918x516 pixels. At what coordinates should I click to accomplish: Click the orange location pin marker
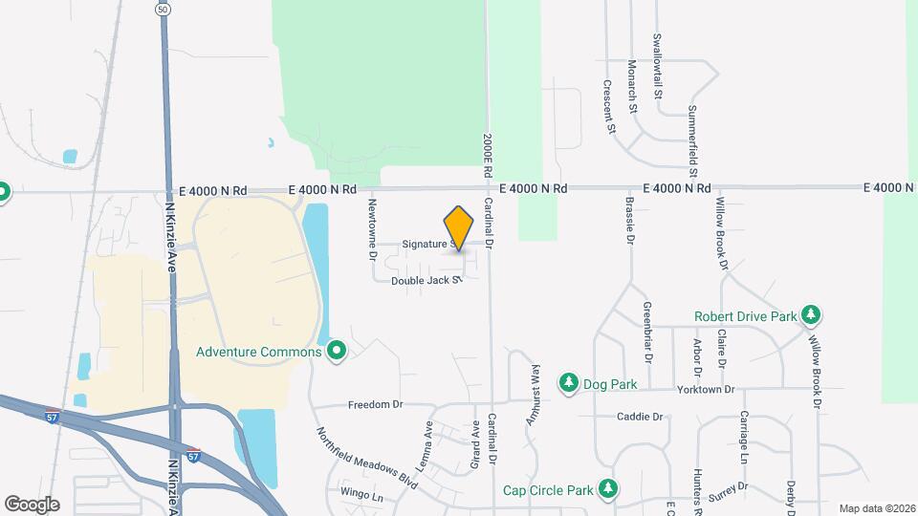point(459,227)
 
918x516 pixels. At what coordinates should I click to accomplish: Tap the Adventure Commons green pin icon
point(336,352)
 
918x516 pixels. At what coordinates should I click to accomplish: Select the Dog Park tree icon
point(568,383)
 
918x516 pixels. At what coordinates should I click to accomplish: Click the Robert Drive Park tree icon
point(811,314)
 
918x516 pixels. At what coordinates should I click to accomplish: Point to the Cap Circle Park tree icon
point(607,490)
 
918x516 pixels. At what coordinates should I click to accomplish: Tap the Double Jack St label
point(426,281)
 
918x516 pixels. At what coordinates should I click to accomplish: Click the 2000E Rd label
point(487,153)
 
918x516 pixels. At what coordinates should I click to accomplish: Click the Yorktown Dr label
point(702,390)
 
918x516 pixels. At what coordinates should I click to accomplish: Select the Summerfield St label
point(693,133)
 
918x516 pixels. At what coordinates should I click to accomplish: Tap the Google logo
point(32,504)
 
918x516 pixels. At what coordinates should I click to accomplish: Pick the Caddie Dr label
point(639,417)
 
